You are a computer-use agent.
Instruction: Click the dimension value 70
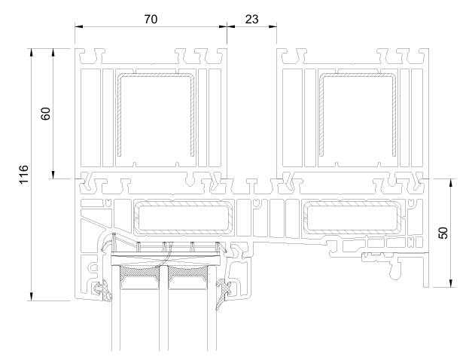[151, 19]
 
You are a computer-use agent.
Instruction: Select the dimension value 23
[252, 19]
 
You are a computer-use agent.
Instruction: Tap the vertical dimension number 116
[23, 175]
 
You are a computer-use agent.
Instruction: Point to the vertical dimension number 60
[45, 114]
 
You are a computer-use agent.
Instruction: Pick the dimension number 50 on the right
[443, 233]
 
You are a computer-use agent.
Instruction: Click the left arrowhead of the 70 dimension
[78, 26]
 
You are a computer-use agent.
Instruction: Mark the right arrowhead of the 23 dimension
[273, 26]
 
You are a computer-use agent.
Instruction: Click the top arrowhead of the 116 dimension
[31, 53]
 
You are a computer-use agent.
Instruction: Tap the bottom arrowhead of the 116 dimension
[31, 297]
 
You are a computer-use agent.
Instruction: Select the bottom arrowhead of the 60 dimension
[53, 175]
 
